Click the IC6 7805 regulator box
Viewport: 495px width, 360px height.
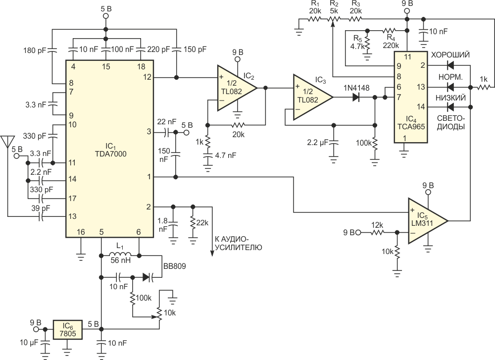67,330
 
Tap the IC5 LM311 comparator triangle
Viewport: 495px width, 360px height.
428,221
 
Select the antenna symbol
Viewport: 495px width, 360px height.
7,142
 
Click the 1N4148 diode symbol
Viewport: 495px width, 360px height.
356,98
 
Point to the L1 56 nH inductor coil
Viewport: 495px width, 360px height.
120,255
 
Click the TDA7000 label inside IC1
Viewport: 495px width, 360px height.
111,154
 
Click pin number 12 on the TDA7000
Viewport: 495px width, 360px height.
147,77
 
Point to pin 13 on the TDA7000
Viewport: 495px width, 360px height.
72,216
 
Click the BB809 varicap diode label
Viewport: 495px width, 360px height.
175,266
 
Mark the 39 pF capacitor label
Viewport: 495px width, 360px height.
41,208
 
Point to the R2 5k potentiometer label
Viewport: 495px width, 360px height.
334,7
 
